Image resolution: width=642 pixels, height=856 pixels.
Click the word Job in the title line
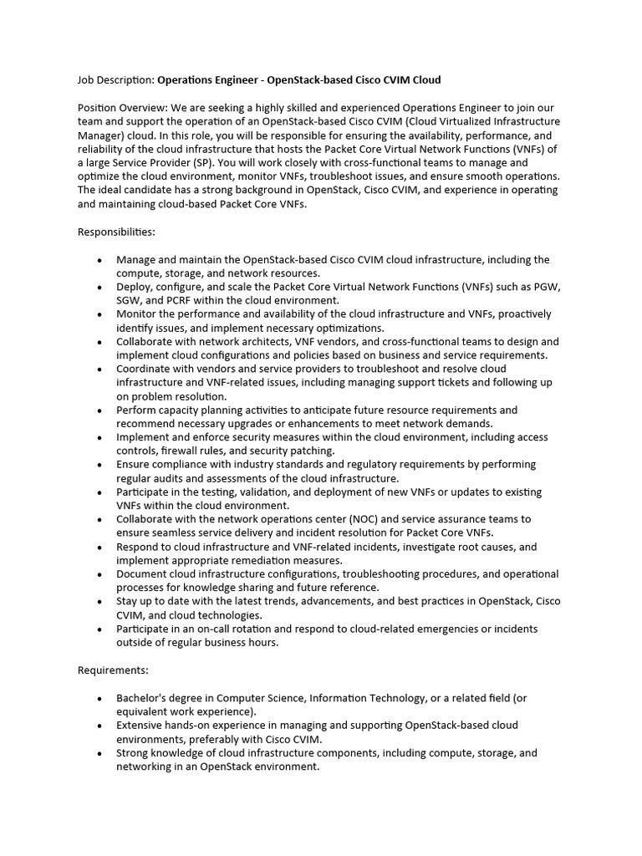86,80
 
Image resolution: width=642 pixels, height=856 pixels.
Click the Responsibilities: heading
116,231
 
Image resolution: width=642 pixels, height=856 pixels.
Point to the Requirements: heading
113,670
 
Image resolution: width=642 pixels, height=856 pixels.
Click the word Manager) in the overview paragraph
102,135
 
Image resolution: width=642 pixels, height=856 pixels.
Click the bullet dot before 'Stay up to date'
100,602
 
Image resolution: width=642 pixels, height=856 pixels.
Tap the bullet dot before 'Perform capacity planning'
100,410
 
